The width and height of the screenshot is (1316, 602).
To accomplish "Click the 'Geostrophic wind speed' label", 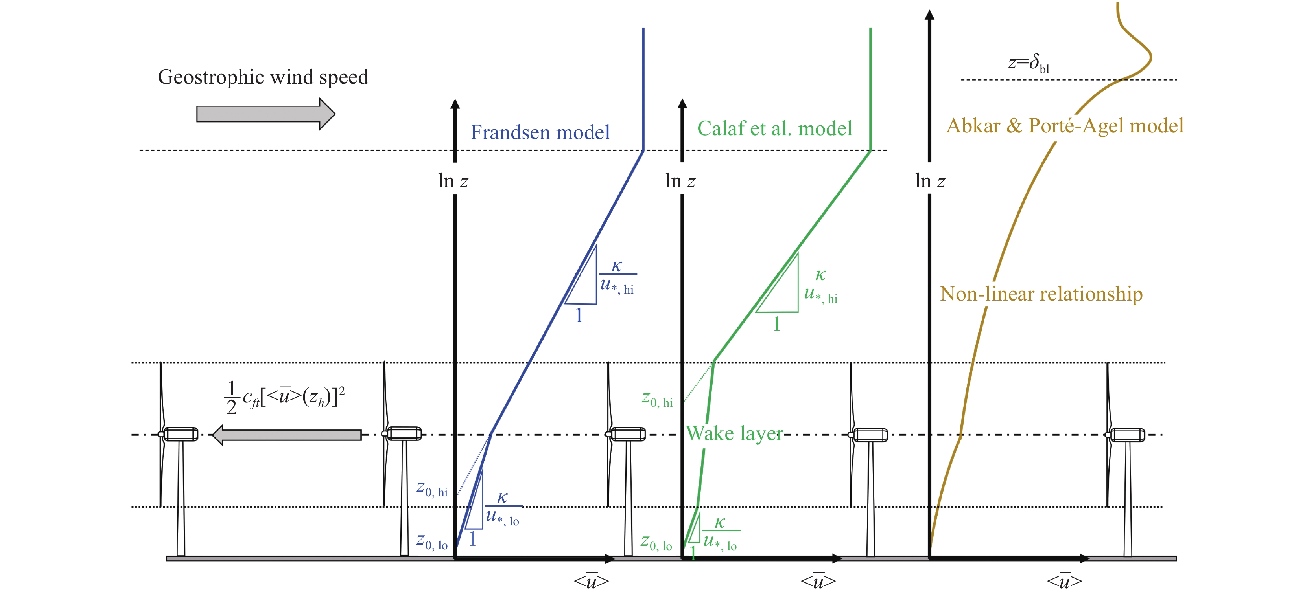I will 263,77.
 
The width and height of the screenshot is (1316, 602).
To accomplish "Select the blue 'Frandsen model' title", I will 540,132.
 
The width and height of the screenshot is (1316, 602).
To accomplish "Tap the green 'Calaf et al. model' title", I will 774,128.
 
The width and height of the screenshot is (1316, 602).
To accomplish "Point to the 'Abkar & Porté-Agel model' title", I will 1065,126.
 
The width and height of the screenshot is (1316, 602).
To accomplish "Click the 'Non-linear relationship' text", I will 1041,294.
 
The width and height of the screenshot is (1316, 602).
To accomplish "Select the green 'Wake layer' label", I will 734,433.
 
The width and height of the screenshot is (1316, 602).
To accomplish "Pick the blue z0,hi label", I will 432,489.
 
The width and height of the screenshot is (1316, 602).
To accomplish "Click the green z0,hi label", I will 657,399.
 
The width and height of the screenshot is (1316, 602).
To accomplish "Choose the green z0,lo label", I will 656,542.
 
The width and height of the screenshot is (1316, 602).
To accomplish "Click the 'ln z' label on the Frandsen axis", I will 453,181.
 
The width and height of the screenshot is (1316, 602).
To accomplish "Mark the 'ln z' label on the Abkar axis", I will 930,181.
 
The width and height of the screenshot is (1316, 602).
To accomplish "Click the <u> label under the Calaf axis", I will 818,581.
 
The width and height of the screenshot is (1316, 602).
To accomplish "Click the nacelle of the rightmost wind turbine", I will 1126,435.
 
